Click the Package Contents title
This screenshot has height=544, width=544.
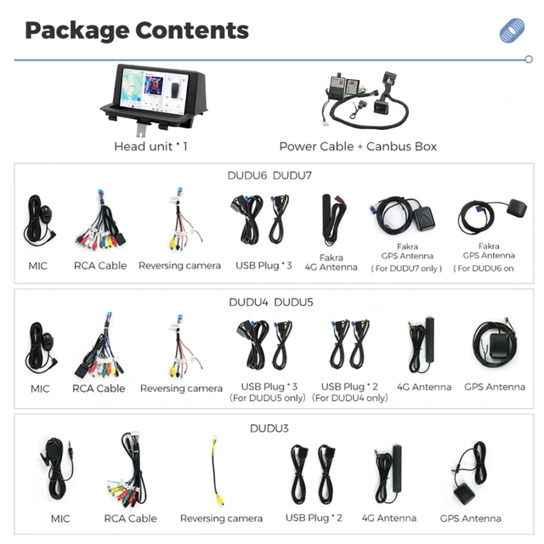click(137, 31)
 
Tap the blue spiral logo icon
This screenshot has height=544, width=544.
click(512, 31)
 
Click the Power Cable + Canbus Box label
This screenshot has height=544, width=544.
click(358, 146)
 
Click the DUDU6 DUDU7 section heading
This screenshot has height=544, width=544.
click(271, 175)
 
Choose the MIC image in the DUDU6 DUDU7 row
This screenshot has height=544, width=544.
click(38, 220)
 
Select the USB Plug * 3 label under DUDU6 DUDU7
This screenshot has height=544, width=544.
click(263, 265)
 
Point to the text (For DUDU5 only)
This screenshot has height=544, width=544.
click(267, 398)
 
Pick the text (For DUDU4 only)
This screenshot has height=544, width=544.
click(350, 398)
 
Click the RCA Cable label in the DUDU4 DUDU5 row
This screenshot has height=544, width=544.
click(99, 388)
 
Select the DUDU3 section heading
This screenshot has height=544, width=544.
click(269, 428)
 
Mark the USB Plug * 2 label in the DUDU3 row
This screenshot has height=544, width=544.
click(314, 518)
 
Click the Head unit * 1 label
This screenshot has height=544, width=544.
click(150, 146)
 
